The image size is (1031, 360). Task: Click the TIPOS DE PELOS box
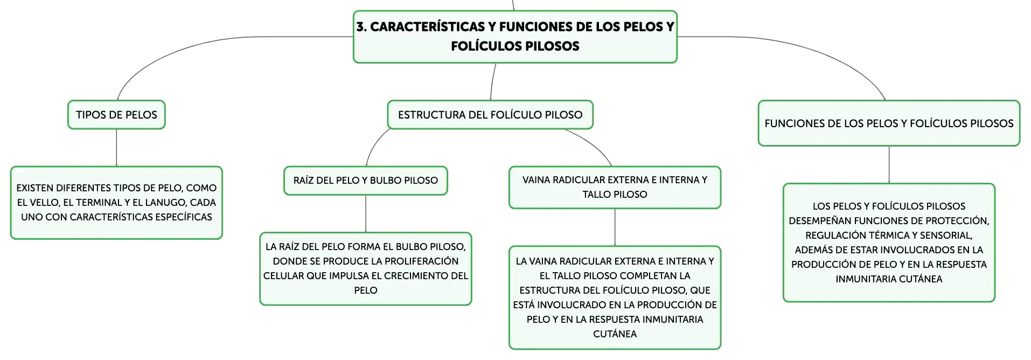tap(116, 115)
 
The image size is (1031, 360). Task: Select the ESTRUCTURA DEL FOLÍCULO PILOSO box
tap(490, 115)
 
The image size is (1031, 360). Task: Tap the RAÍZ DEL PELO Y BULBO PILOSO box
tap(366, 181)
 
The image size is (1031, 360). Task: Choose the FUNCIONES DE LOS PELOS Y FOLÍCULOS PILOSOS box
tap(889, 123)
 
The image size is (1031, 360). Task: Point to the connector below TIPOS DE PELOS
tap(116, 148)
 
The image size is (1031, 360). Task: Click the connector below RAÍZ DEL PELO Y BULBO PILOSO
tap(366, 214)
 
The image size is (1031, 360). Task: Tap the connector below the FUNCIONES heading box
tap(889, 165)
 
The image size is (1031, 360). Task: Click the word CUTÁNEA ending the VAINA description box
tap(615, 334)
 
